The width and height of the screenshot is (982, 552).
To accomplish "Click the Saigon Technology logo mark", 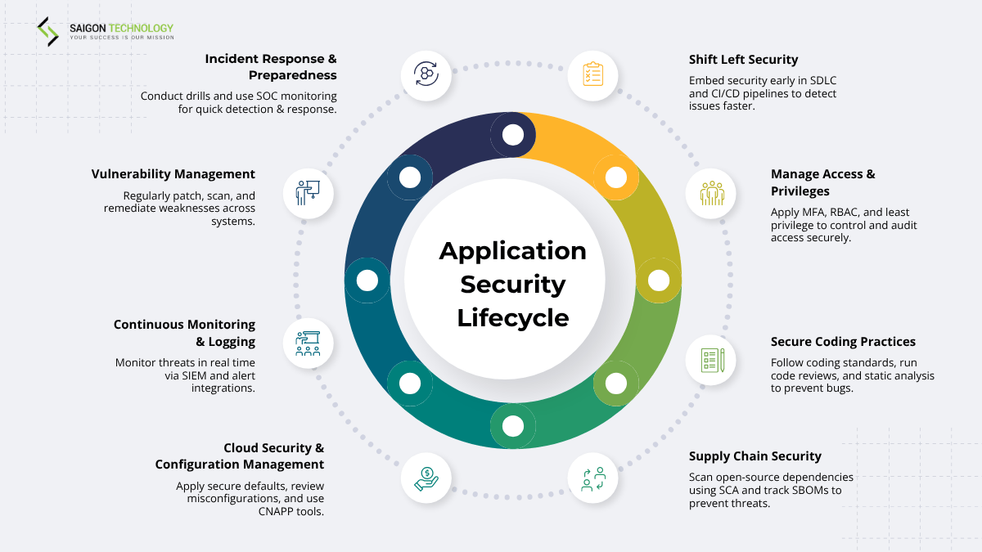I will pyautogui.click(x=47, y=31).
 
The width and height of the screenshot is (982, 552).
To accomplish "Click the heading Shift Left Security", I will pyautogui.click(x=743, y=60).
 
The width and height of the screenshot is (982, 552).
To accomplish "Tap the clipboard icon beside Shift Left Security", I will pyautogui.click(x=592, y=74).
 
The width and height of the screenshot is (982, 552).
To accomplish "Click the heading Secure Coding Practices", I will pyautogui.click(x=843, y=342).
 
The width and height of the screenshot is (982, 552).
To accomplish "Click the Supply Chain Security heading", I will pyautogui.click(x=755, y=456).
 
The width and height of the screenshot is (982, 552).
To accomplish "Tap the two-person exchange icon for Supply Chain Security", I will pyautogui.click(x=592, y=478).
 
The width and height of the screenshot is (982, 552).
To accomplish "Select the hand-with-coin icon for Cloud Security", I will pyautogui.click(x=426, y=478).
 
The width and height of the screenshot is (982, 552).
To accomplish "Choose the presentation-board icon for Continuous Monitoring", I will pyautogui.click(x=308, y=343).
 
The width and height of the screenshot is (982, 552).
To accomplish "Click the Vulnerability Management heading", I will pyautogui.click(x=173, y=174).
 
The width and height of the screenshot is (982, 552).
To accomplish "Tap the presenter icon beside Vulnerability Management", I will pyautogui.click(x=308, y=193).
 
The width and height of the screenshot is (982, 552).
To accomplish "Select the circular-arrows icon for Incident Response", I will pyautogui.click(x=426, y=74).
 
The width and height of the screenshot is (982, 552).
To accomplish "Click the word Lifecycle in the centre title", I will pyautogui.click(x=513, y=317).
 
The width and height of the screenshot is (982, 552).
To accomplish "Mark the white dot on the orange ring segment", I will pyautogui.click(x=615, y=177).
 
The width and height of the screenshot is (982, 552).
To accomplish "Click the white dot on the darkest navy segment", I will pyautogui.click(x=513, y=134).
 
